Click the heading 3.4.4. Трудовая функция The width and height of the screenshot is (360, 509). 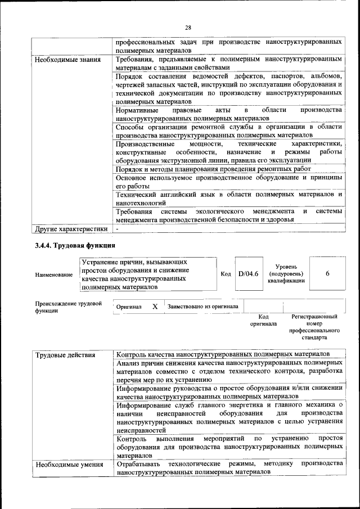coord(75,245)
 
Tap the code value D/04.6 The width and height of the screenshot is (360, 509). coord(247,274)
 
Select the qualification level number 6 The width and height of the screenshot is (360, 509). coord(327,274)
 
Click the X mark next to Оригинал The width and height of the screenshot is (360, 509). coord(155,307)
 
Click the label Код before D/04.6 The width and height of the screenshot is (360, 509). coord(226,274)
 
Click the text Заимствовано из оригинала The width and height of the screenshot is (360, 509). coord(202,307)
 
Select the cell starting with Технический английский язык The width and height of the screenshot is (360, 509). coord(228,198)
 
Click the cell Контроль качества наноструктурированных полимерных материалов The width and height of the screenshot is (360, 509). coord(222,355)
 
